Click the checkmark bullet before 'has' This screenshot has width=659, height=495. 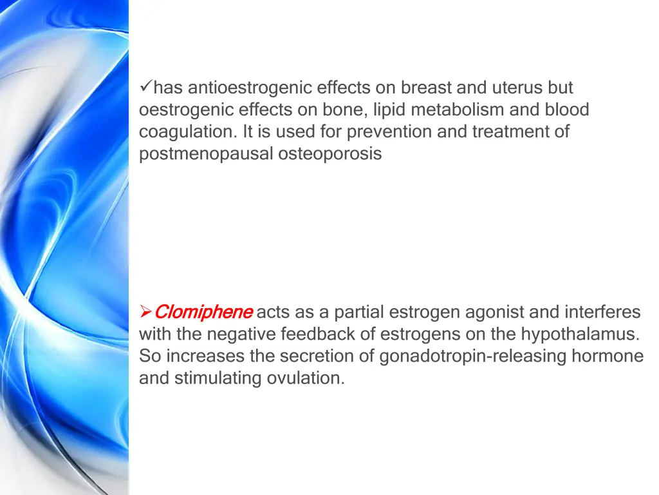coord(145,87)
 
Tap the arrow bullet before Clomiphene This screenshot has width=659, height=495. coord(145,313)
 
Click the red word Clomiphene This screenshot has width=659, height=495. coord(203,313)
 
